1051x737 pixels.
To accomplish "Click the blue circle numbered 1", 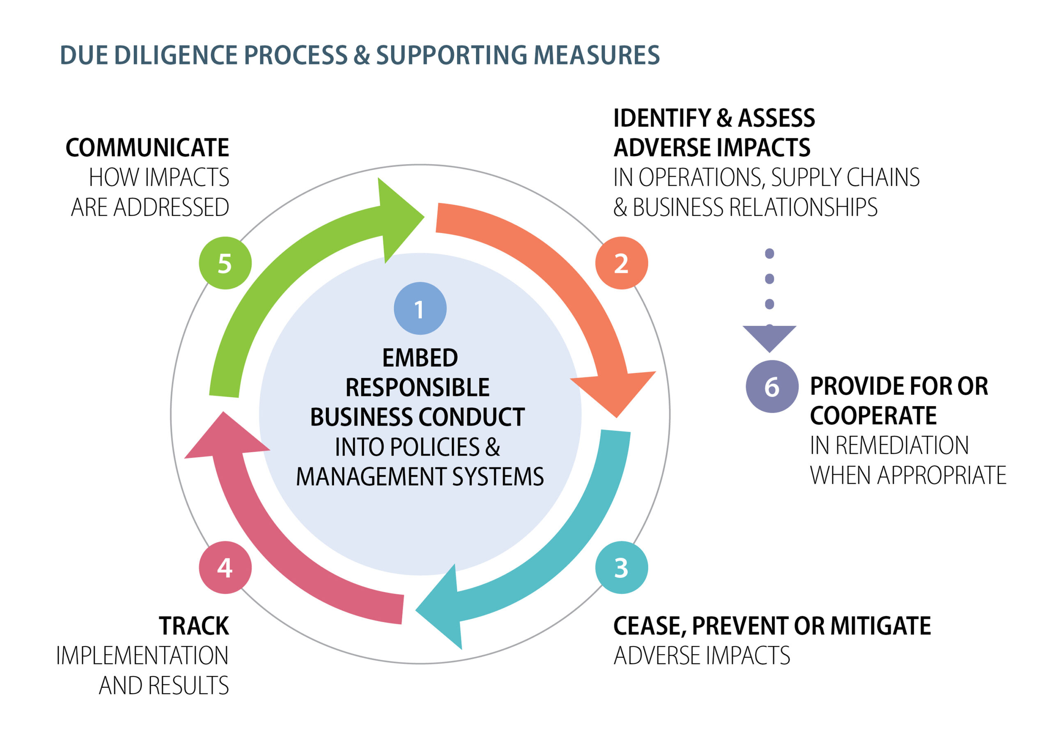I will pyautogui.click(x=420, y=308).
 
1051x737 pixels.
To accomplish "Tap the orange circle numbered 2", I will pyautogui.click(x=621, y=263).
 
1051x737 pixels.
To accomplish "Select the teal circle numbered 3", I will pyautogui.click(x=621, y=567).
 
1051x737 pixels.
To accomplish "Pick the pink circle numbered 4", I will pyautogui.click(x=225, y=567).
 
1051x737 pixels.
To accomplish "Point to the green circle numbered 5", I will pyautogui.click(x=225, y=263).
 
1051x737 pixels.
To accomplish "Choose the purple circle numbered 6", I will pyautogui.click(x=772, y=387).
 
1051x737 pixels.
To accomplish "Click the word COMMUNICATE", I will pyautogui.click(x=147, y=148).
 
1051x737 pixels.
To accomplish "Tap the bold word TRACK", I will pyautogui.click(x=194, y=626).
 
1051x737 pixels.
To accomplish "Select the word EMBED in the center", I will pyautogui.click(x=420, y=358).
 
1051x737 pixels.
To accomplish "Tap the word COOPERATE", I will pyautogui.click(x=873, y=415).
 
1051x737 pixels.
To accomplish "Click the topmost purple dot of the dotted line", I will pyautogui.click(x=769, y=254).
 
